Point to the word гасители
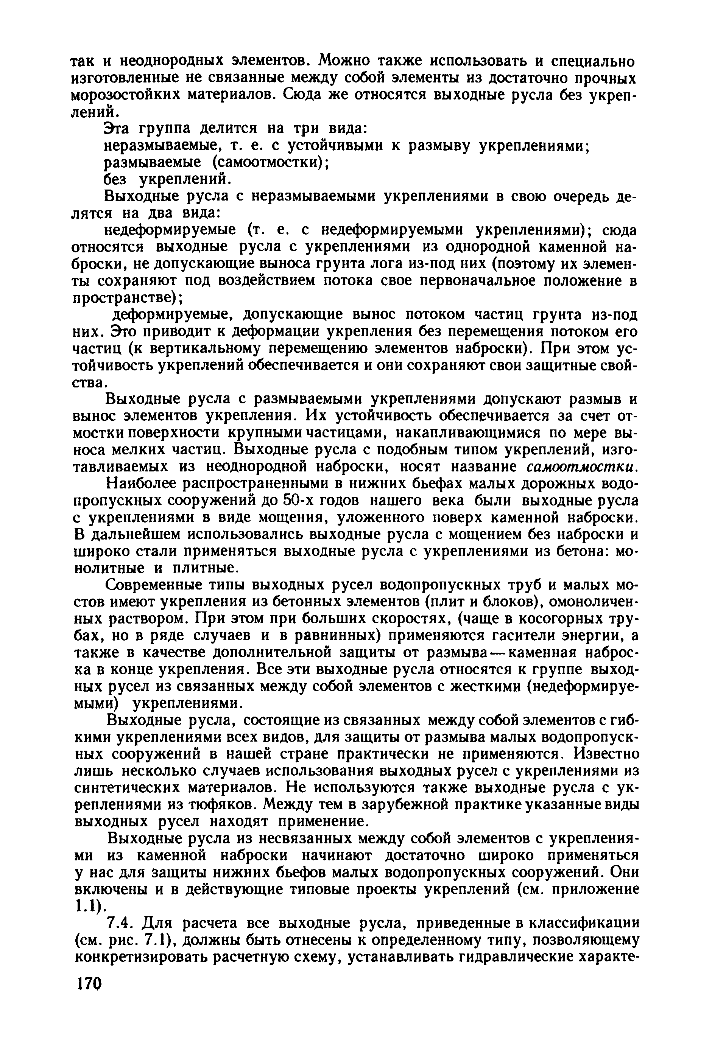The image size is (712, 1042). tap(525, 636)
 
